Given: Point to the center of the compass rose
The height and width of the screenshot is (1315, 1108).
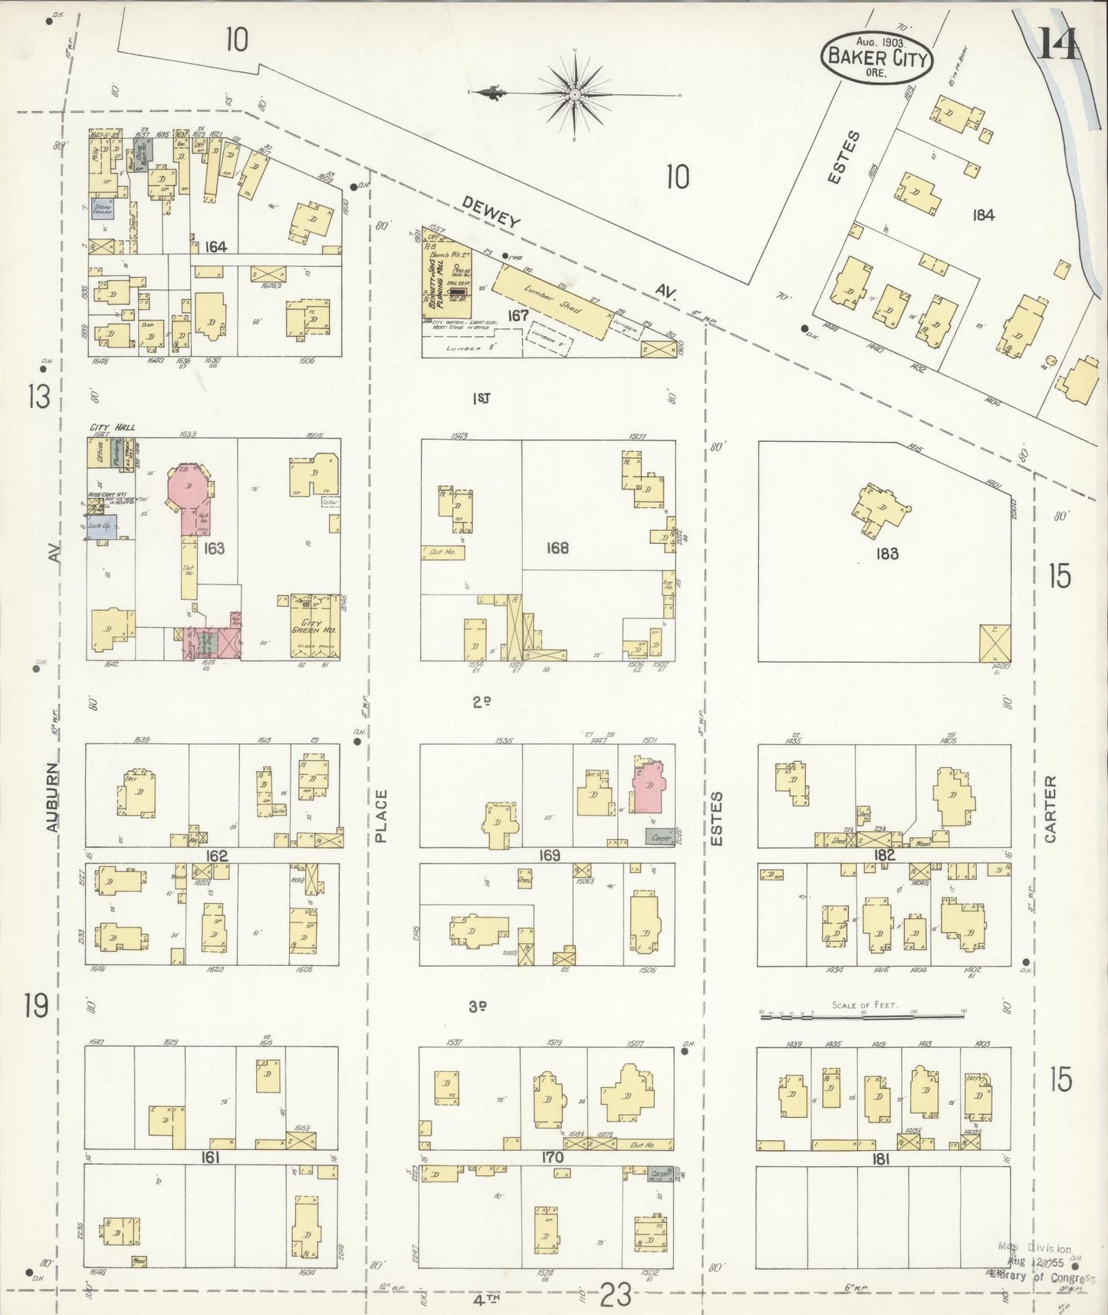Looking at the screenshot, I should pos(574,94).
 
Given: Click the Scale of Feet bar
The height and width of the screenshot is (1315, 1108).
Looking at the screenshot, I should pos(862,1015).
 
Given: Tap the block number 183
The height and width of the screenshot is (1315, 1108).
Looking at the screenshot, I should pos(886,553).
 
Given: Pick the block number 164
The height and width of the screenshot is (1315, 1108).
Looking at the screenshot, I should pos(216,246).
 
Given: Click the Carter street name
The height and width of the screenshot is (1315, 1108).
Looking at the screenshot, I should pos(1050,809).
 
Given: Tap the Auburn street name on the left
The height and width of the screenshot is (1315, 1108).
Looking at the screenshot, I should pos(51,797).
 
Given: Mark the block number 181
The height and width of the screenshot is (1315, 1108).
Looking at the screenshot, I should pos(880,1160).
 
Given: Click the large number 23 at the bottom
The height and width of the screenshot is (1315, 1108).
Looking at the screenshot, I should pos(615,1295).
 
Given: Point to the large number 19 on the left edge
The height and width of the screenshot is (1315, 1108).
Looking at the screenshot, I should pos(37,1004).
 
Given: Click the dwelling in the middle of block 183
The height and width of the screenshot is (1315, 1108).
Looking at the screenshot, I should pos(882,509).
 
